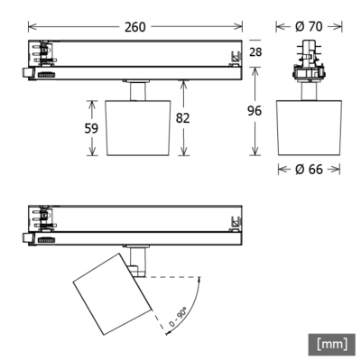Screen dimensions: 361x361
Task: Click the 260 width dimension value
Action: [x=136, y=26]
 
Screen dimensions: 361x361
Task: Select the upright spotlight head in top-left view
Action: [x=138, y=125]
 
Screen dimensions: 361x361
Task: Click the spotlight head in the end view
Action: [x=308, y=126]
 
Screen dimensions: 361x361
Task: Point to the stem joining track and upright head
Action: [x=138, y=91]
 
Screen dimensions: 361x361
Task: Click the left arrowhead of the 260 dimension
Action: [x=30, y=27]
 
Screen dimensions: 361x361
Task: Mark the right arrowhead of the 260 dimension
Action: [x=239, y=27]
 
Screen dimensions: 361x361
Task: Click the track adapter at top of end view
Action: [x=308, y=61]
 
